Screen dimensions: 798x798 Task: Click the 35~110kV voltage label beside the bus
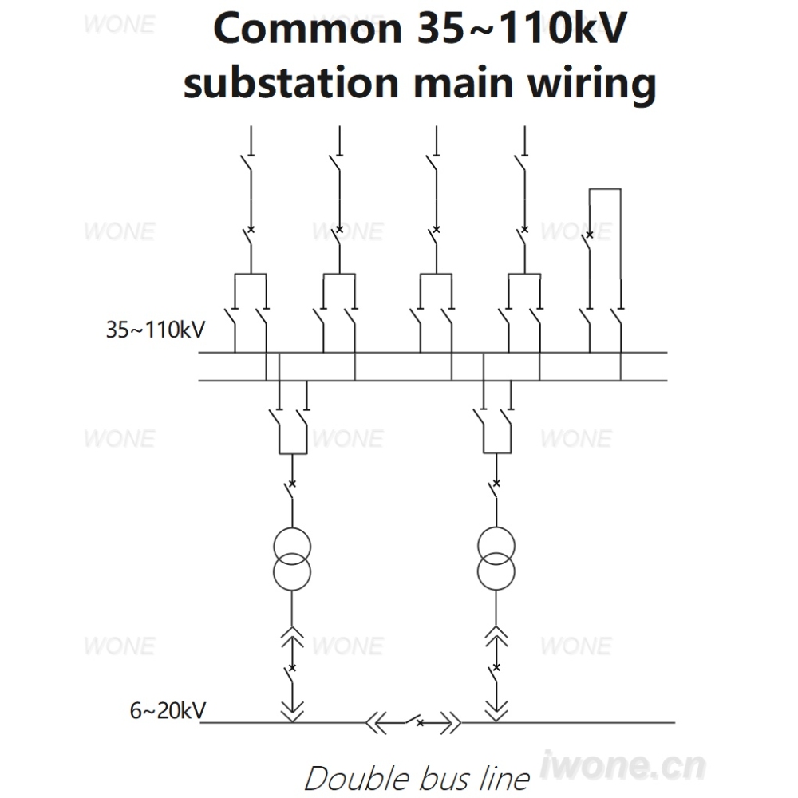156,330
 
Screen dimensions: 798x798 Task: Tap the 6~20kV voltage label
168,710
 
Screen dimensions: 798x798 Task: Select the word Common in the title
307,29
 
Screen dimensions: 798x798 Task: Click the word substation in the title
290,82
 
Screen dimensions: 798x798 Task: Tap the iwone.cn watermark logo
622,765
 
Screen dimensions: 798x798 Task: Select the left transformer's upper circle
292,547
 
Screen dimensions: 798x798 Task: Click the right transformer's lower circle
496,571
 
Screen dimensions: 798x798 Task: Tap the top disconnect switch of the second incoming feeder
336,163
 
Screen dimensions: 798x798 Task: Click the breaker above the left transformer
290,490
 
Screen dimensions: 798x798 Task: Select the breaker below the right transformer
494,674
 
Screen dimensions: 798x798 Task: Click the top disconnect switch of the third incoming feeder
433,163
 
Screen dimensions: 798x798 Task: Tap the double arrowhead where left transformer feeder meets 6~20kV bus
292,711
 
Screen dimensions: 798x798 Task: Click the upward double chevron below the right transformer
496,636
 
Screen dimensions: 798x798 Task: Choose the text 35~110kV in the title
523,29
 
